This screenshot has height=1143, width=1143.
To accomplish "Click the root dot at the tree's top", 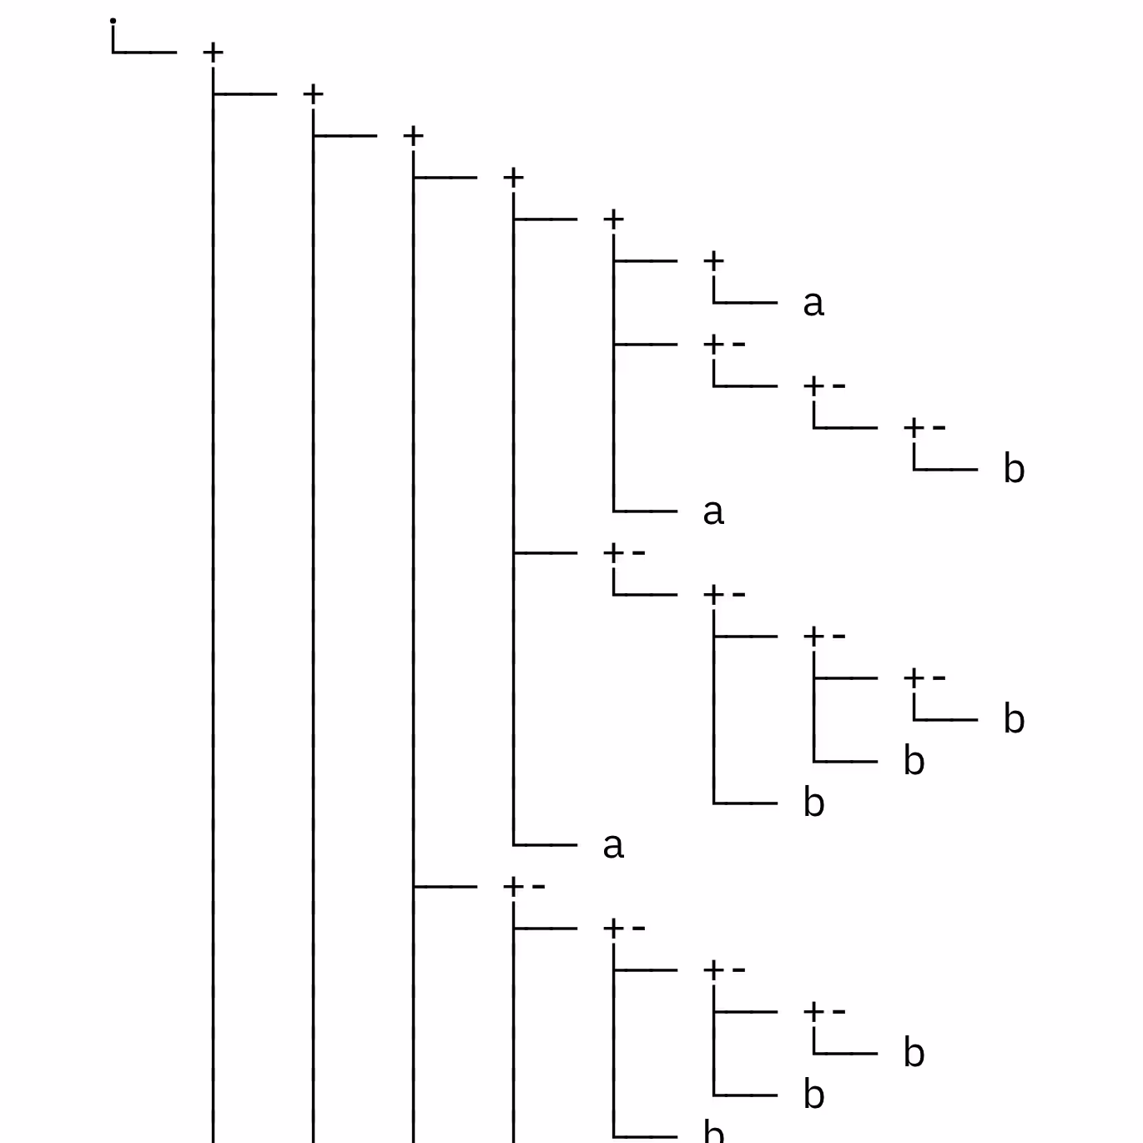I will [113, 21].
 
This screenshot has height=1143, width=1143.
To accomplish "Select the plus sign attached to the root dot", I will [213, 53].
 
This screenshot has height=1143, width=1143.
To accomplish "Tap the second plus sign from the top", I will [313, 94].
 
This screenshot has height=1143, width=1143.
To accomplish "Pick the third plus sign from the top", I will [413, 136].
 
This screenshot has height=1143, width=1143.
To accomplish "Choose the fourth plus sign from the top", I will [513, 178].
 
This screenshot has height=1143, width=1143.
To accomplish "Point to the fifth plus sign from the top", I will [613, 219].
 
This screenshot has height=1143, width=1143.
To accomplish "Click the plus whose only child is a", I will [713, 261].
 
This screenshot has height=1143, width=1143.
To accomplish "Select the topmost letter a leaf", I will [813, 303].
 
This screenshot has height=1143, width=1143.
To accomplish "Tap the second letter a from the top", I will [713, 511].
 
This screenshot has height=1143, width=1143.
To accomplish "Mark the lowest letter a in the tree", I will [613, 845].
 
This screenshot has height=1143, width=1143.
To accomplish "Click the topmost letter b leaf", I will [1014, 469].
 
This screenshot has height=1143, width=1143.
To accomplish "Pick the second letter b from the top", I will [1014, 719].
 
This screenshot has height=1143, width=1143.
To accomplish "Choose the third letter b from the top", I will [914, 761].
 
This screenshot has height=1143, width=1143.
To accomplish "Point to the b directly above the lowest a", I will [813, 803].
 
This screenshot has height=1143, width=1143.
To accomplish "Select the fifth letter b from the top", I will [914, 1053].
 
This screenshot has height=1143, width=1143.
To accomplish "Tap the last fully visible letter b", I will [813, 1095].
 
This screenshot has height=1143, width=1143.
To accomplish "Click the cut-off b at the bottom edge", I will [713, 1132].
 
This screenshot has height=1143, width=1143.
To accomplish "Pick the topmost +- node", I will [723, 345].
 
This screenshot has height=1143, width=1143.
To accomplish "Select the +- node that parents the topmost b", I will [924, 428].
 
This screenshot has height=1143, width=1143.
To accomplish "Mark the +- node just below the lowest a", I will [523, 887].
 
